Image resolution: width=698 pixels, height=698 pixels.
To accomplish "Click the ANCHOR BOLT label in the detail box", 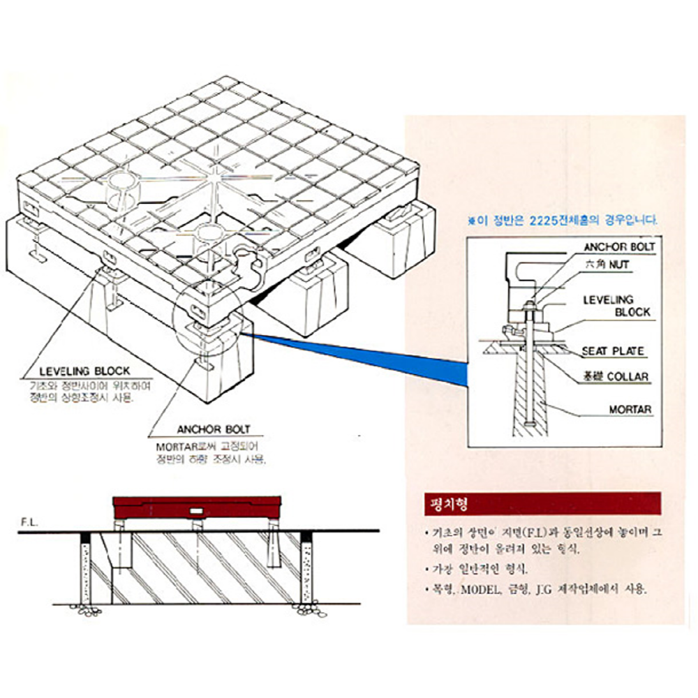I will [618, 246].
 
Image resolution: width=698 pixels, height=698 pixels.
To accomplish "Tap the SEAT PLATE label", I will [613, 352].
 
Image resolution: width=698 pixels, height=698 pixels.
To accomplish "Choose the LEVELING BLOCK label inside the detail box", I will [616, 306].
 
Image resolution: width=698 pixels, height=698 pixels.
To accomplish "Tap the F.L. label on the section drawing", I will [29, 521].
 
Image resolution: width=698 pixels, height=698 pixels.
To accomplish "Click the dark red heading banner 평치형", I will [542, 503].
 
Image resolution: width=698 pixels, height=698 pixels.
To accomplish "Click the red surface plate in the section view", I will [197, 505].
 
